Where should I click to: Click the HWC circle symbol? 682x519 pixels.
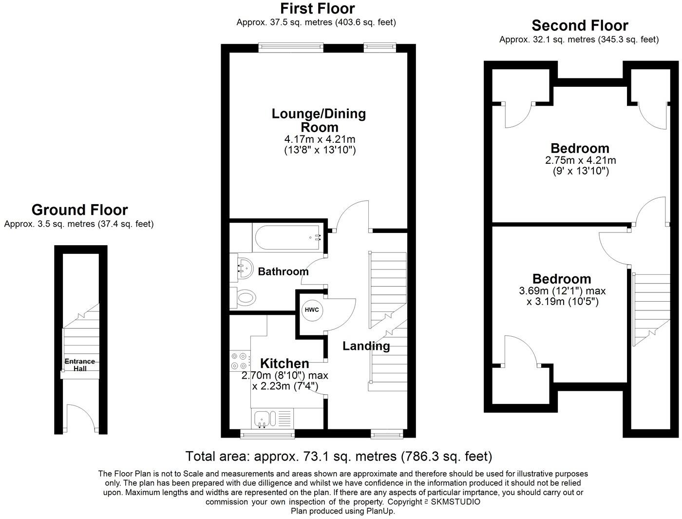click(310, 310)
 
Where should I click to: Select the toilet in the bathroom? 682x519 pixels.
click(242, 297)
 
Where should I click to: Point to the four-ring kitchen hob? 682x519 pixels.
click(239, 361)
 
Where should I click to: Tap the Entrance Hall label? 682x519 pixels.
click(80, 365)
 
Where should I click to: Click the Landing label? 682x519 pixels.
click(366, 346)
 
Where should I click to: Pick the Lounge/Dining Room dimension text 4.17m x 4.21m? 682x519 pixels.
click(320, 139)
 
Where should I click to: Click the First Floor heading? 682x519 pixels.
click(317, 8)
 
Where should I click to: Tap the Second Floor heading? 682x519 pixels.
click(579, 25)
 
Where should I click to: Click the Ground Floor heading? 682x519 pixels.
click(79, 210)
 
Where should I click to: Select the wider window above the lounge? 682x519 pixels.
click(291, 47)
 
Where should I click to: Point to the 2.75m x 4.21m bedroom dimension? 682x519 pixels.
click(580, 160)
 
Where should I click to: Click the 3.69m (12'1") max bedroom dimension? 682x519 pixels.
click(562, 291)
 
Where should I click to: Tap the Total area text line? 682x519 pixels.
click(339, 457)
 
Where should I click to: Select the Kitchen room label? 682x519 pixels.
click(284, 364)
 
